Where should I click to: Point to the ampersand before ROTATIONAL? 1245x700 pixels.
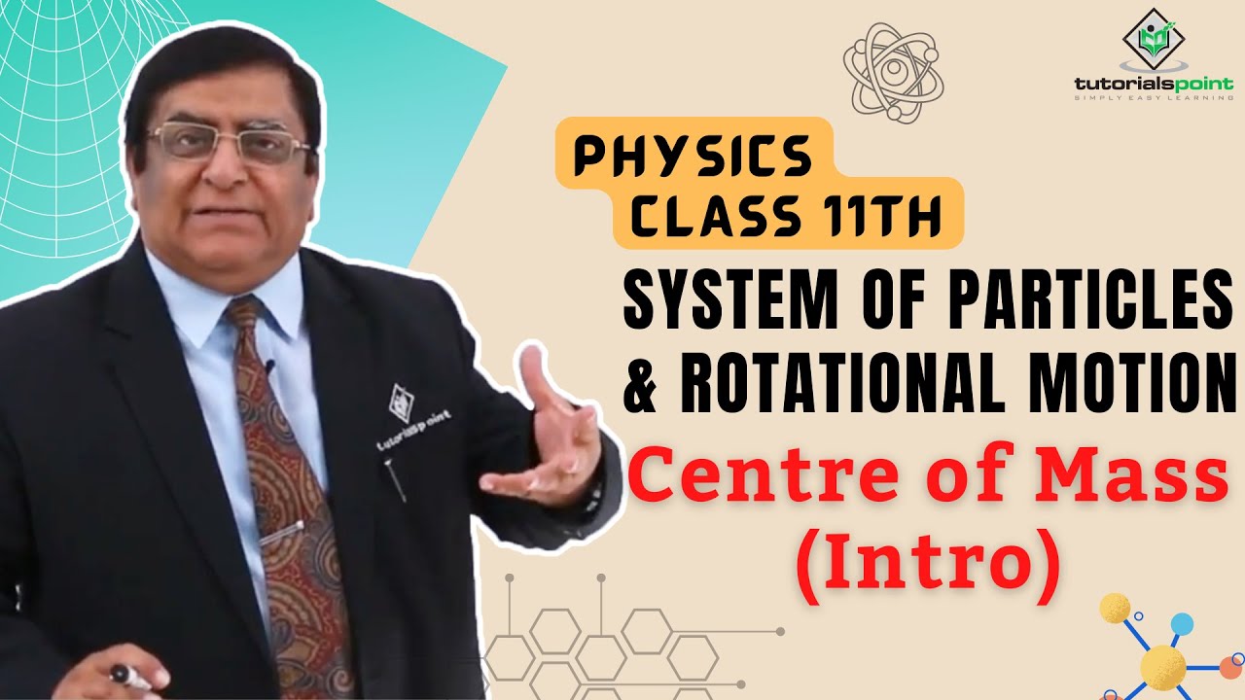(x=641, y=381)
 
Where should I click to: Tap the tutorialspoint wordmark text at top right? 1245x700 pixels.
(x=1153, y=87)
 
